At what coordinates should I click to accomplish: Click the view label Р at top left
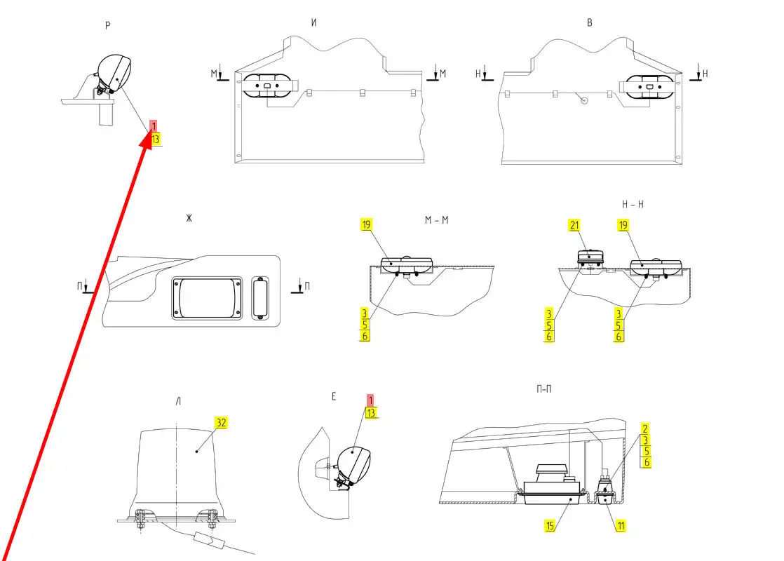(107, 26)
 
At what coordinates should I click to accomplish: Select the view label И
(314, 22)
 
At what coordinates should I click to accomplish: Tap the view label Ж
(189, 219)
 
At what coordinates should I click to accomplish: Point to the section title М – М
(436, 220)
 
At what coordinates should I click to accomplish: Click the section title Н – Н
(633, 203)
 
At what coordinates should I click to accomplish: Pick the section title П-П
(543, 388)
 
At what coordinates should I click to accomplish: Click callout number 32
(222, 423)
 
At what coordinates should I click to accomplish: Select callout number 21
(574, 225)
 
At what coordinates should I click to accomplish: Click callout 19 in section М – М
(367, 225)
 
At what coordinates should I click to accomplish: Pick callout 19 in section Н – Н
(623, 225)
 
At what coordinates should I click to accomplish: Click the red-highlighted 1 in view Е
(370, 400)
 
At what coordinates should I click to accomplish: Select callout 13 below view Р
(155, 139)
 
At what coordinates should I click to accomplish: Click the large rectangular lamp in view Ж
(207, 297)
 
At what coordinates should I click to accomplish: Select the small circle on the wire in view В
(583, 100)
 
